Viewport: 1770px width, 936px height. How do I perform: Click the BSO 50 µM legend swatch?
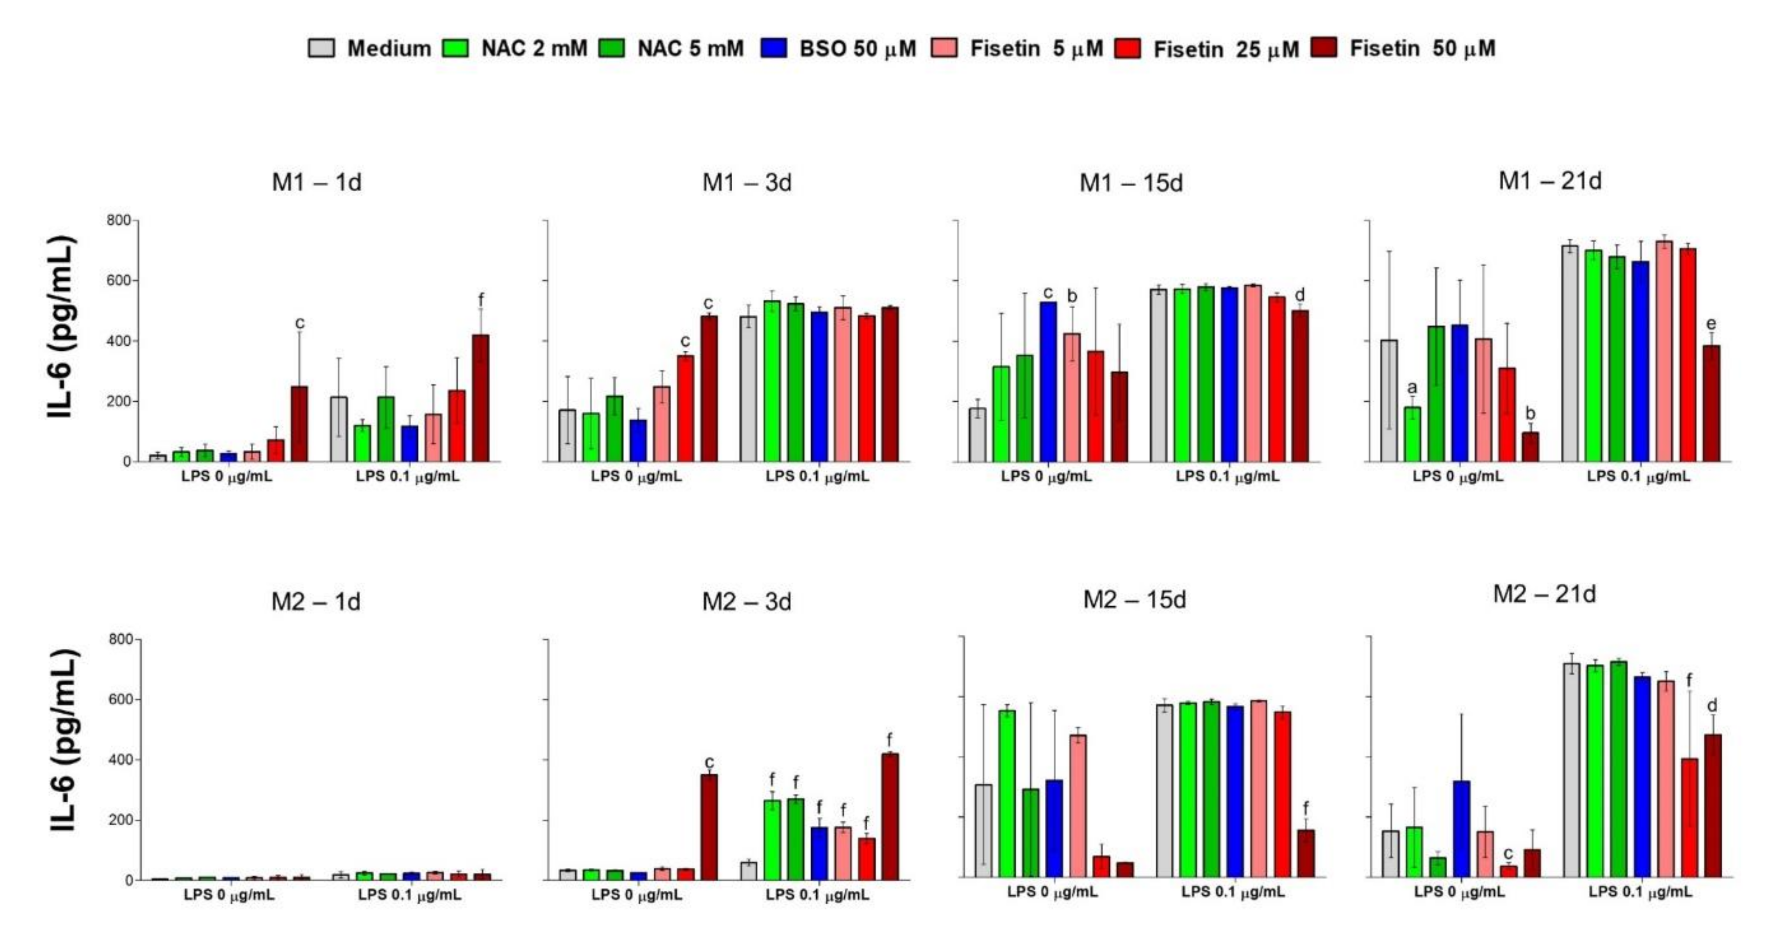[774, 48]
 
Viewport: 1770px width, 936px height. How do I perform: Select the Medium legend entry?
[388, 48]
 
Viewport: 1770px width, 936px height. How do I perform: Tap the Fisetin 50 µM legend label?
[1422, 48]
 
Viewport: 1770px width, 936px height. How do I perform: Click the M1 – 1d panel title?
[316, 182]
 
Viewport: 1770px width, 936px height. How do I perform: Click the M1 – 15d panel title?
[1131, 183]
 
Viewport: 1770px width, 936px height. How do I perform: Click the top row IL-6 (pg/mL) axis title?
[60, 327]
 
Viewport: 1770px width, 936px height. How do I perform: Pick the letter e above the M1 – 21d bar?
[1711, 324]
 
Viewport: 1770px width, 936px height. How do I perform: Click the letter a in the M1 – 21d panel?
[1412, 387]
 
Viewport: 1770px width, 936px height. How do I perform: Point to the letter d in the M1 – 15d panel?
[1299, 295]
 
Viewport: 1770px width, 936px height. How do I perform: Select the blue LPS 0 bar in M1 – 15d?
[1048, 382]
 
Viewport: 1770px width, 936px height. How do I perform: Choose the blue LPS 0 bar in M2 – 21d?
[1462, 828]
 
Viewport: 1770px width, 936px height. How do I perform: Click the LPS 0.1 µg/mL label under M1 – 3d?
[817, 476]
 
